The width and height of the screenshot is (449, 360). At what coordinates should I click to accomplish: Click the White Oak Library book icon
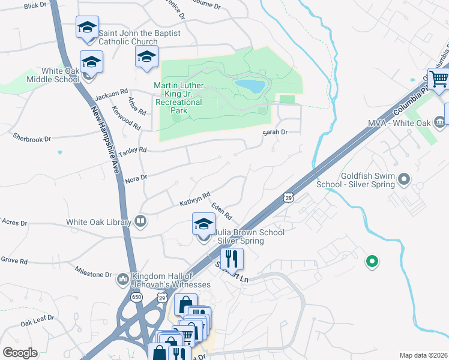point(140,222)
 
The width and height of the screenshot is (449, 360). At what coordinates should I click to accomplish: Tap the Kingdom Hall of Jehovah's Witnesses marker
point(122,278)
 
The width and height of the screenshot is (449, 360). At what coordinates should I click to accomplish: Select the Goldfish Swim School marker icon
point(404,179)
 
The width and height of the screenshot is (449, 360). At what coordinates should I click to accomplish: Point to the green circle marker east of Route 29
point(372,261)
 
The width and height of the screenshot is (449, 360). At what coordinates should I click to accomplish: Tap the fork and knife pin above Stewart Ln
point(231,259)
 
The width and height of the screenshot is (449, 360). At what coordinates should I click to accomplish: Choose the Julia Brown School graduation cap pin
point(203,225)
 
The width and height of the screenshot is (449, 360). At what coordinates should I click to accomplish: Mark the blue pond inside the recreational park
point(250,86)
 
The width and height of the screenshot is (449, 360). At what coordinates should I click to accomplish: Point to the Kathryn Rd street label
point(194,200)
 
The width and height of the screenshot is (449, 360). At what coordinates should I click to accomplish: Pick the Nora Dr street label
point(135,178)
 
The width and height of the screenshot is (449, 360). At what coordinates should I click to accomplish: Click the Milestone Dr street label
point(93,272)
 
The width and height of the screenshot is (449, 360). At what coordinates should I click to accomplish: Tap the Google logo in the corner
point(20,353)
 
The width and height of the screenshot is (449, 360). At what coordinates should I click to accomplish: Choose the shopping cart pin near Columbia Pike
point(439,79)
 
